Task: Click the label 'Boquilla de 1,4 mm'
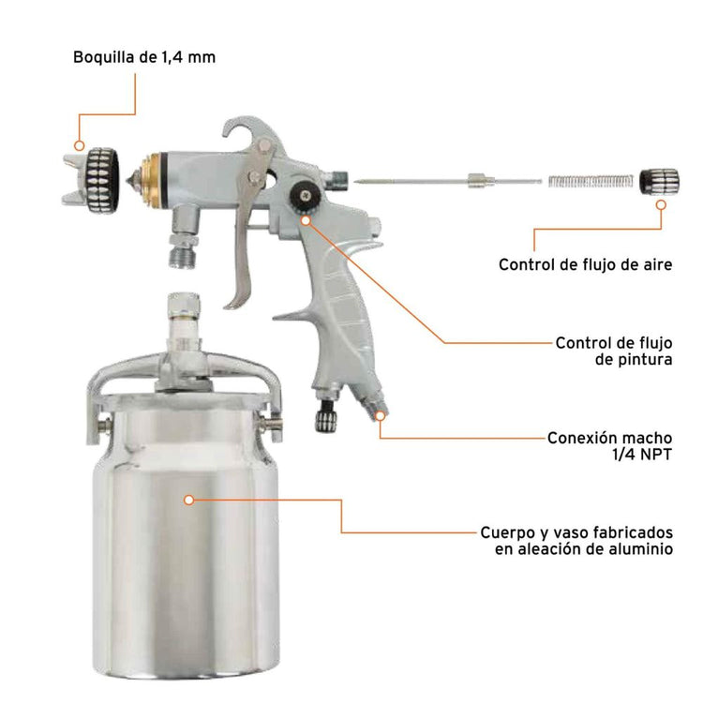(x=144, y=58)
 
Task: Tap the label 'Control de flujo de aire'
(x=585, y=264)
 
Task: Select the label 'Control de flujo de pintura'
(x=614, y=351)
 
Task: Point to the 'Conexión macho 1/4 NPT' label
(x=610, y=445)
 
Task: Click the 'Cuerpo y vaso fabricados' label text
(x=576, y=532)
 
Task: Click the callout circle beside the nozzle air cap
(x=80, y=145)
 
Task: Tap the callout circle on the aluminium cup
(x=189, y=500)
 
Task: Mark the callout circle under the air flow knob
(x=661, y=205)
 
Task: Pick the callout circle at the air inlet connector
(x=381, y=415)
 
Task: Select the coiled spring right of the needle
(x=591, y=182)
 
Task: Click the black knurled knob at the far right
(x=659, y=182)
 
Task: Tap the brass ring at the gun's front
(x=151, y=180)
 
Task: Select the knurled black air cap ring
(x=102, y=180)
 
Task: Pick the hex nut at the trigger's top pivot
(x=264, y=145)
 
